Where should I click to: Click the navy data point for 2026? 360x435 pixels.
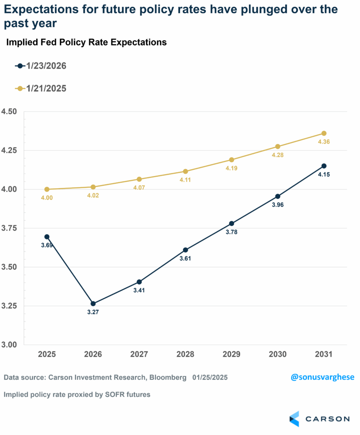pyautogui.click(x=93, y=303)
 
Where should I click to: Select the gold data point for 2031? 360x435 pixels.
pyautogui.click(x=324, y=133)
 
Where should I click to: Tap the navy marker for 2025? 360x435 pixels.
pyautogui.click(x=47, y=237)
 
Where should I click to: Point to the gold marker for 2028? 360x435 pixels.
pyautogui.click(x=185, y=171)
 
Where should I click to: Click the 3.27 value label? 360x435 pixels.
pyautogui.click(x=93, y=313)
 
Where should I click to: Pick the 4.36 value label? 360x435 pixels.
pyautogui.click(x=324, y=142)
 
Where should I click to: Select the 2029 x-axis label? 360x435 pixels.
pyautogui.click(x=232, y=354)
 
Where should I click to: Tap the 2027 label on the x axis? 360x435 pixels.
pyautogui.click(x=139, y=354)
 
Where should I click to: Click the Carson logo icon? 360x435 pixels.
pyautogui.click(x=294, y=418)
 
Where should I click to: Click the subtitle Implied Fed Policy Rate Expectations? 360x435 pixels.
pyautogui.click(x=86, y=42)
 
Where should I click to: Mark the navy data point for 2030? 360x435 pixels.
pyautogui.click(x=278, y=196)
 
